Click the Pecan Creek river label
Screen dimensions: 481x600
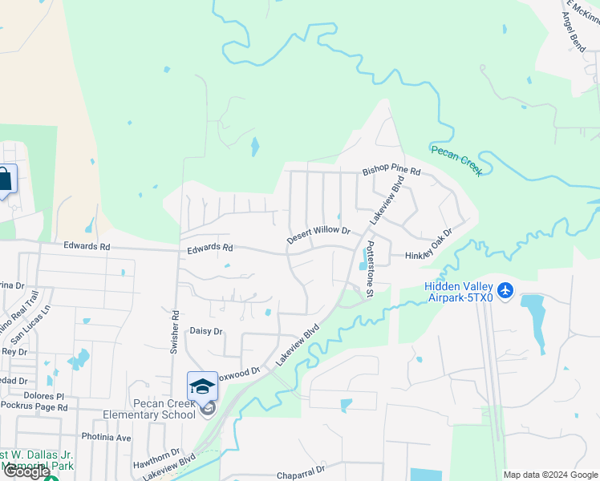point(456,160)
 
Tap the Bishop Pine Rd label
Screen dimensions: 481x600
point(391,171)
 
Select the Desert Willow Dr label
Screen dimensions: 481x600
point(319,235)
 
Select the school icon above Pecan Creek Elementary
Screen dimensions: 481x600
point(202,386)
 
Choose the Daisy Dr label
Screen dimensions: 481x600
point(205,330)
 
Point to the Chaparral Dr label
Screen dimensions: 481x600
point(301,474)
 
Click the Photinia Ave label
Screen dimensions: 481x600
point(106,438)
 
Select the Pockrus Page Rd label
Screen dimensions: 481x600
point(44,407)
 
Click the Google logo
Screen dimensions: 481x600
point(26,472)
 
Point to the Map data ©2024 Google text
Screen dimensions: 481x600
point(550,475)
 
